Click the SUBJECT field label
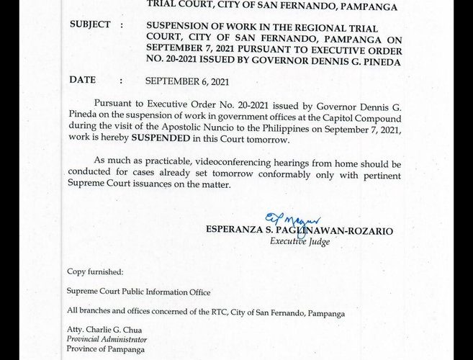pyautogui.click(x=90, y=24)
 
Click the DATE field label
pyautogui.click(x=82, y=81)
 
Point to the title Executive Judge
pyautogui.click(x=299, y=242)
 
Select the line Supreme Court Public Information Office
pyautogui.click(x=138, y=292)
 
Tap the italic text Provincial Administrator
pyautogui.click(x=107, y=339)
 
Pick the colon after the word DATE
pyautogui.click(x=121, y=81)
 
